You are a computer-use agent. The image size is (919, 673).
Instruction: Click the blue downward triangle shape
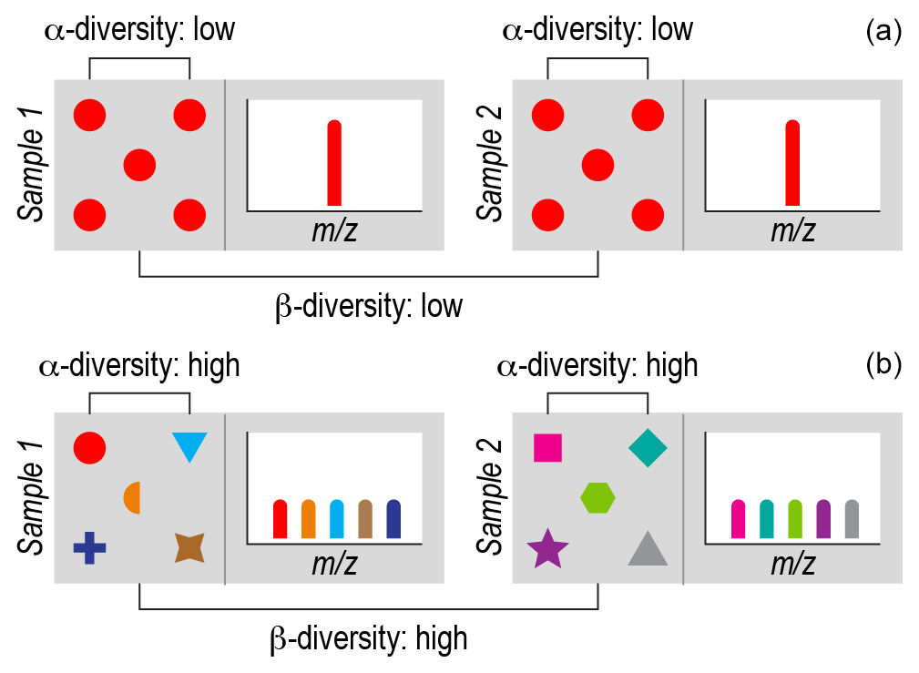[x=189, y=445]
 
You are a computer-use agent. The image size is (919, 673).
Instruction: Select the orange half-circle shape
[x=133, y=497]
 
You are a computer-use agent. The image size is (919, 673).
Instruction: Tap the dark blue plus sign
[x=89, y=547]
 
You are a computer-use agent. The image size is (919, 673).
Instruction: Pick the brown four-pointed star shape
[x=189, y=547]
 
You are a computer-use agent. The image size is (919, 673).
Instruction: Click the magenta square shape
[x=547, y=448]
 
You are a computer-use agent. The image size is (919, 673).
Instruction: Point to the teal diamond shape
[x=648, y=447]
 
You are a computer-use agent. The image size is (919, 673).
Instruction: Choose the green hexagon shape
[x=597, y=497]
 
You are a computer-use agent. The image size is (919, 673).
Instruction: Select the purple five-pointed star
[x=547, y=548]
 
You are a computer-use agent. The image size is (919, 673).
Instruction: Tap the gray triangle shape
[x=648, y=549]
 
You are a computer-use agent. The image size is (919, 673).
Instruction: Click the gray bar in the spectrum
[x=852, y=520]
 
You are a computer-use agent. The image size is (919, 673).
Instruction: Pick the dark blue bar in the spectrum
[x=393, y=520]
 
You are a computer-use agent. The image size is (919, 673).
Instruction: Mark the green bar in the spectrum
[x=795, y=520]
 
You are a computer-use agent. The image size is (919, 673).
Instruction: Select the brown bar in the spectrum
[x=365, y=520]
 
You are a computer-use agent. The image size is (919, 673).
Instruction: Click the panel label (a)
[x=883, y=32]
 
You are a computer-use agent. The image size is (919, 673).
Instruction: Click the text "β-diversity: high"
[x=369, y=638]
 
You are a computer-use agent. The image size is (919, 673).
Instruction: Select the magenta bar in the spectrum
[x=739, y=520]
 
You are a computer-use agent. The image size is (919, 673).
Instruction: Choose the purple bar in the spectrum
[x=823, y=520]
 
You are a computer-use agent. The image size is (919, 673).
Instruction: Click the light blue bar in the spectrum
[x=336, y=520]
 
